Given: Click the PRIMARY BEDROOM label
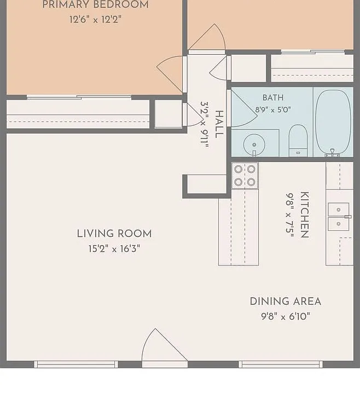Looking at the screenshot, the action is pyautogui.click(x=95, y=5).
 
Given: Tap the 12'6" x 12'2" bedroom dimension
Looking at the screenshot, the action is pyautogui.click(x=95, y=19).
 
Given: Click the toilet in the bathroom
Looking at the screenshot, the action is pyautogui.click(x=298, y=141).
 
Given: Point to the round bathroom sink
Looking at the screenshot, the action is pyautogui.click(x=254, y=145).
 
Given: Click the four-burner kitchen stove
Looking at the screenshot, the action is pyautogui.click(x=245, y=176).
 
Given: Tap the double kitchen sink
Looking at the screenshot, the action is pyautogui.click(x=339, y=217).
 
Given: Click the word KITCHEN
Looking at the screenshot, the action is pyautogui.click(x=305, y=215).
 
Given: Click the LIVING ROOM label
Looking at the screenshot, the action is pyautogui.click(x=114, y=234).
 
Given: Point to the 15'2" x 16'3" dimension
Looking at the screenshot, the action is pyautogui.click(x=114, y=249).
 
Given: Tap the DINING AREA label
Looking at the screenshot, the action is pyautogui.click(x=286, y=302).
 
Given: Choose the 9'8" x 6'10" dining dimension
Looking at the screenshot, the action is pyautogui.click(x=286, y=316).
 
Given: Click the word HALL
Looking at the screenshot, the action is pyautogui.click(x=219, y=124).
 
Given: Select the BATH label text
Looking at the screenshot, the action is pyautogui.click(x=273, y=97).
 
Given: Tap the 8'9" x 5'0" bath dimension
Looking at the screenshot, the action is pyautogui.click(x=273, y=110).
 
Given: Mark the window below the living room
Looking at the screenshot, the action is pyautogui.click(x=76, y=364).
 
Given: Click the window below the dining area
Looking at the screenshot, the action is pyautogui.click(x=281, y=364).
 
